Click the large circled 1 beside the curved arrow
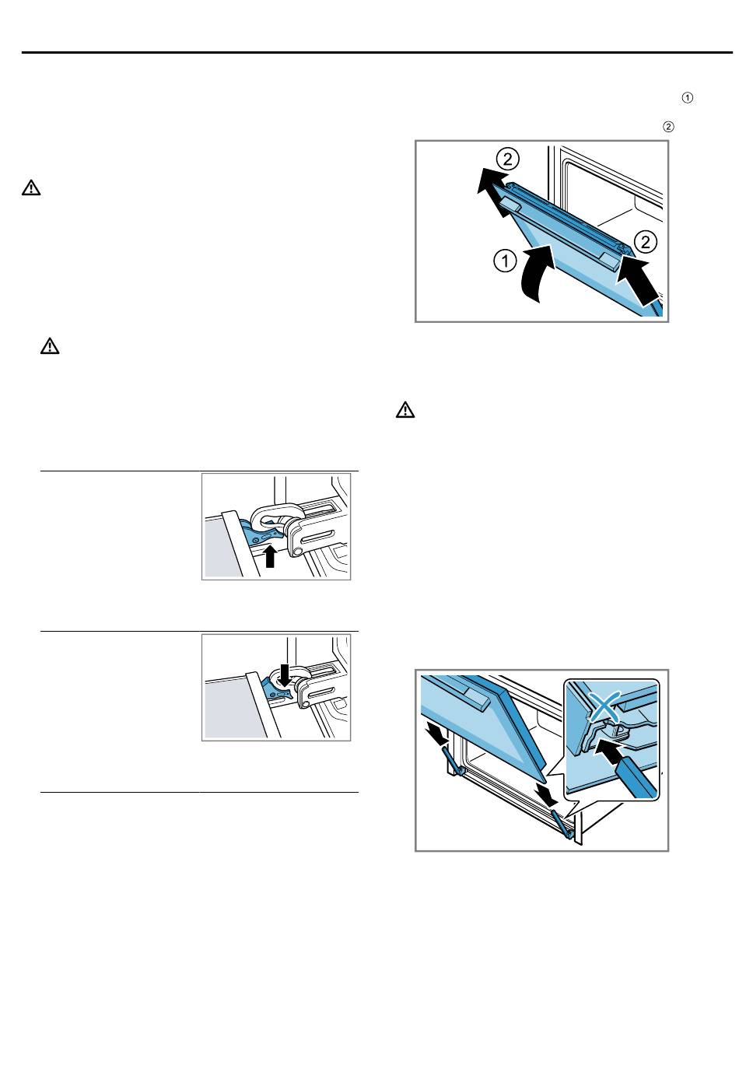tap(505, 261)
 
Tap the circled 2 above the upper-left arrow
tap(507, 159)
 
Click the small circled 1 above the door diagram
tap(687, 98)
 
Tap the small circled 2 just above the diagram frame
tap(668, 127)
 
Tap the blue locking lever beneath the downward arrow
tap(275, 689)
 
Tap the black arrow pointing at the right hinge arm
tap(547, 793)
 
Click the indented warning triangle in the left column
tap(50, 346)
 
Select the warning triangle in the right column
tap(405, 409)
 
